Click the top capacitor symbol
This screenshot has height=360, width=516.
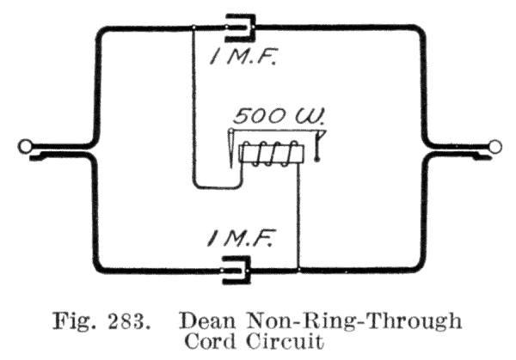[x=240, y=27]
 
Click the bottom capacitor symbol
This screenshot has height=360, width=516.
[x=236, y=270]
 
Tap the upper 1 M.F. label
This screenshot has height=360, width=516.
[x=243, y=57]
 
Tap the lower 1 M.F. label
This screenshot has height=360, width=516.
[x=240, y=239]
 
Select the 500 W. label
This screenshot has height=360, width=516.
[x=279, y=116]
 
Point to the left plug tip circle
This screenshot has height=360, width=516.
[x=25, y=146]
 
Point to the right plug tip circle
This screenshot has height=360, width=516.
[x=494, y=146]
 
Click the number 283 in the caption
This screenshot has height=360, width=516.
[x=127, y=320]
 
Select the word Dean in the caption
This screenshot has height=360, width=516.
[x=207, y=320]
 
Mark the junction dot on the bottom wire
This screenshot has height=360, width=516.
[x=298, y=270]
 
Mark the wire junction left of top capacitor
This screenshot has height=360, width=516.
[x=193, y=27]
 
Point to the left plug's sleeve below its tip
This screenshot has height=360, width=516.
[x=39, y=156]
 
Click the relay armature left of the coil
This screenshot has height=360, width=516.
[x=231, y=148]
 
